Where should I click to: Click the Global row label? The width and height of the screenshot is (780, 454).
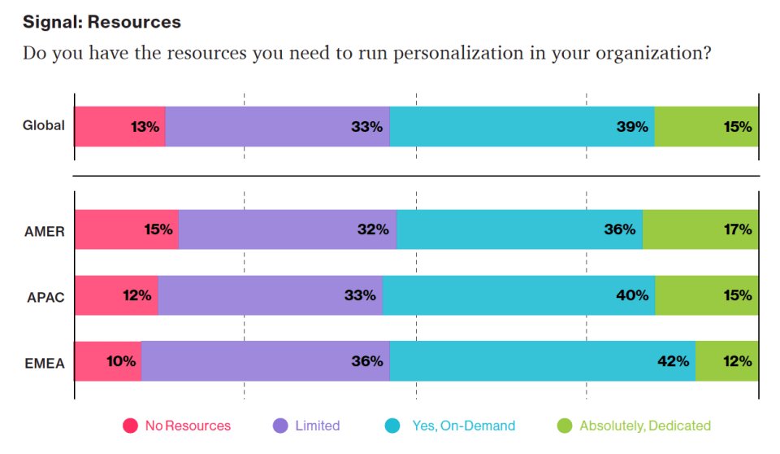tap(43, 126)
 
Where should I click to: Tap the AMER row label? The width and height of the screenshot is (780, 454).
tap(45, 230)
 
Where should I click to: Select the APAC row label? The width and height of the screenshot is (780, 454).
tap(45, 296)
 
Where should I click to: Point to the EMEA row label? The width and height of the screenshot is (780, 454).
tap(45, 361)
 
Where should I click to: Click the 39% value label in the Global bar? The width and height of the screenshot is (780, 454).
tap(631, 127)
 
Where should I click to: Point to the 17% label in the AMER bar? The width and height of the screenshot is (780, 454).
tap(738, 230)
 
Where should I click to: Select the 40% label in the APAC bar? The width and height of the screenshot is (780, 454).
tap(631, 296)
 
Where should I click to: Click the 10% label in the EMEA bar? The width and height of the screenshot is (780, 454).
tap(120, 361)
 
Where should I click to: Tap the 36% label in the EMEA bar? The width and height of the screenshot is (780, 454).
tap(366, 361)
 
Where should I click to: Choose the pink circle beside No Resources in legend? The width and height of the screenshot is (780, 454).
tap(130, 426)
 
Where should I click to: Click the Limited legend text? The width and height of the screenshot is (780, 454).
tap(317, 426)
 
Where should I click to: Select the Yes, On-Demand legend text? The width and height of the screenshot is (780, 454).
tap(463, 426)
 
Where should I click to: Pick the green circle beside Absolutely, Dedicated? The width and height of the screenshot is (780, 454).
tap(565, 426)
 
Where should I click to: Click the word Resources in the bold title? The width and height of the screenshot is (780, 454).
tap(140, 22)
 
